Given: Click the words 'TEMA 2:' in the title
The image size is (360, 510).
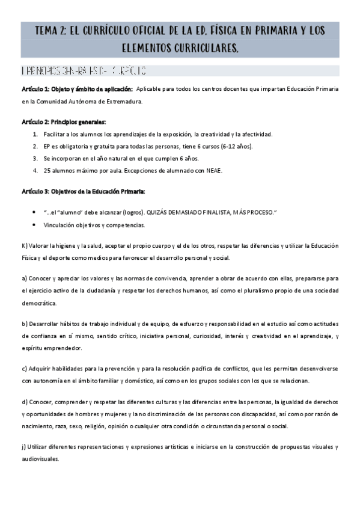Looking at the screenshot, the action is tap(51, 31).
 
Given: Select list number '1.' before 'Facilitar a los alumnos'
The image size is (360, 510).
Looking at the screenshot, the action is tap(37, 134).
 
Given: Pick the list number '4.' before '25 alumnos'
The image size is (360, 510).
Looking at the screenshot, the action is tap(37, 171).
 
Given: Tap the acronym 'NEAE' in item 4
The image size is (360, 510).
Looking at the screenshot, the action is tap(214, 171).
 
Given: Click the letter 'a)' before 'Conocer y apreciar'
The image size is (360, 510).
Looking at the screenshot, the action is tap(25, 278).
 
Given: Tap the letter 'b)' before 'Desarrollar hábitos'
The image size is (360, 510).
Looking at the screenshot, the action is tap(25, 323).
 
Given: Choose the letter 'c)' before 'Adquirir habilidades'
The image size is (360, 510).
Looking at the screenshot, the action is tap(25, 368).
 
